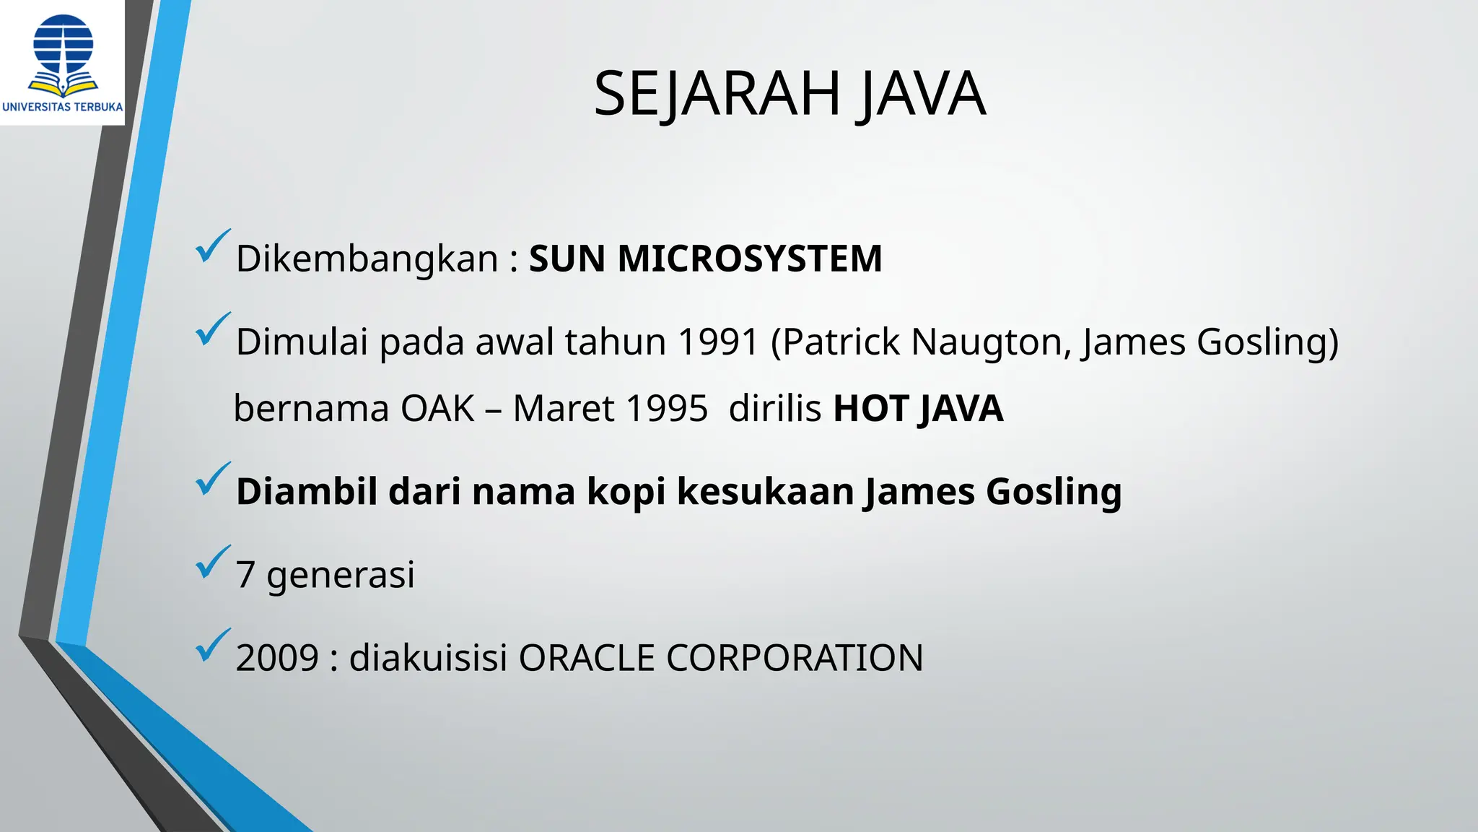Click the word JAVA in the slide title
pyautogui.click(x=922, y=93)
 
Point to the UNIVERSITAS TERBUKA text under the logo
pyautogui.click(x=63, y=107)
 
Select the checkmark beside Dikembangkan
pyautogui.click(x=212, y=246)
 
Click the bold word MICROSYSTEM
pyautogui.click(x=750, y=259)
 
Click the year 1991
pyautogui.click(x=719, y=342)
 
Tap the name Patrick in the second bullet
pyautogui.click(x=841, y=342)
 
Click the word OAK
pyautogui.click(x=437, y=409)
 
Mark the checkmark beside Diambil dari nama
pyautogui.click(x=212, y=480)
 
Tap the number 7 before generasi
pyautogui.click(x=245, y=575)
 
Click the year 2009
pyautogui.click(x=277, y=658)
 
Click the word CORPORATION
pyautogui.click(x=794, y=658)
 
